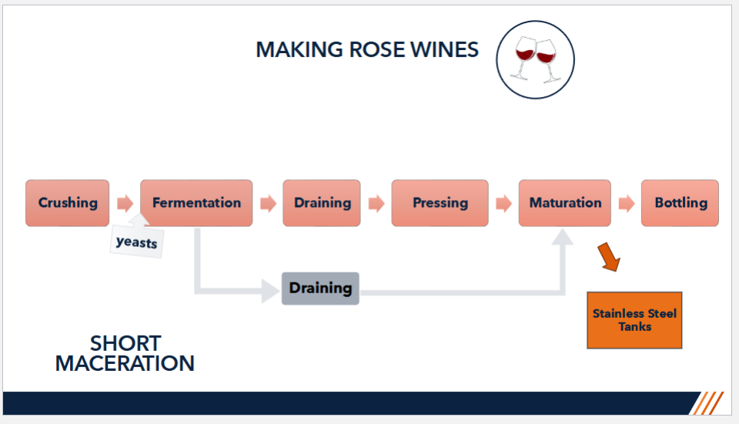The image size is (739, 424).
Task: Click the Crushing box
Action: coord(68,203)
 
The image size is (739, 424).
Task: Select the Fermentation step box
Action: coord(196,203)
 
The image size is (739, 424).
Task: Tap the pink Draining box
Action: coord(322,203)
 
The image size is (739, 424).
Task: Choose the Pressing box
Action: coord(440,203)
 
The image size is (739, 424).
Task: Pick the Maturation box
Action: coord(564,203)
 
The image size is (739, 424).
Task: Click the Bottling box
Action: coord(680,203)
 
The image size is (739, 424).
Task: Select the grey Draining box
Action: coord(320,289)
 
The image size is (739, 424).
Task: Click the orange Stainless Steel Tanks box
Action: coord(634,320)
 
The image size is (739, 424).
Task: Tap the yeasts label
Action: coord(137,242)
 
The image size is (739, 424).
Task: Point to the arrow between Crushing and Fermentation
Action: coord(125,203)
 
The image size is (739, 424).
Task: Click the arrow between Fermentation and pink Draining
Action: coord(268,203)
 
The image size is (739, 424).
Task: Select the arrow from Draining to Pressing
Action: coord(376,203)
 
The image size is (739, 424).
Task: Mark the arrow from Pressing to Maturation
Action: coord(503,203)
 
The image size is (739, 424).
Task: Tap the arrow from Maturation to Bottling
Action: coord(627,203)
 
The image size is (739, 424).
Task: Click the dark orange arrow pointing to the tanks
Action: coord(609,257)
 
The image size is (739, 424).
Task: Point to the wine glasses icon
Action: coord(536,60)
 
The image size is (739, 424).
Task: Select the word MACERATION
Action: coord(125,364)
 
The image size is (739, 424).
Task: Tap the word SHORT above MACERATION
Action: coord(125,343)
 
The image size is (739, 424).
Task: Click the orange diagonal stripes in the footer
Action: coord(707,403)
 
